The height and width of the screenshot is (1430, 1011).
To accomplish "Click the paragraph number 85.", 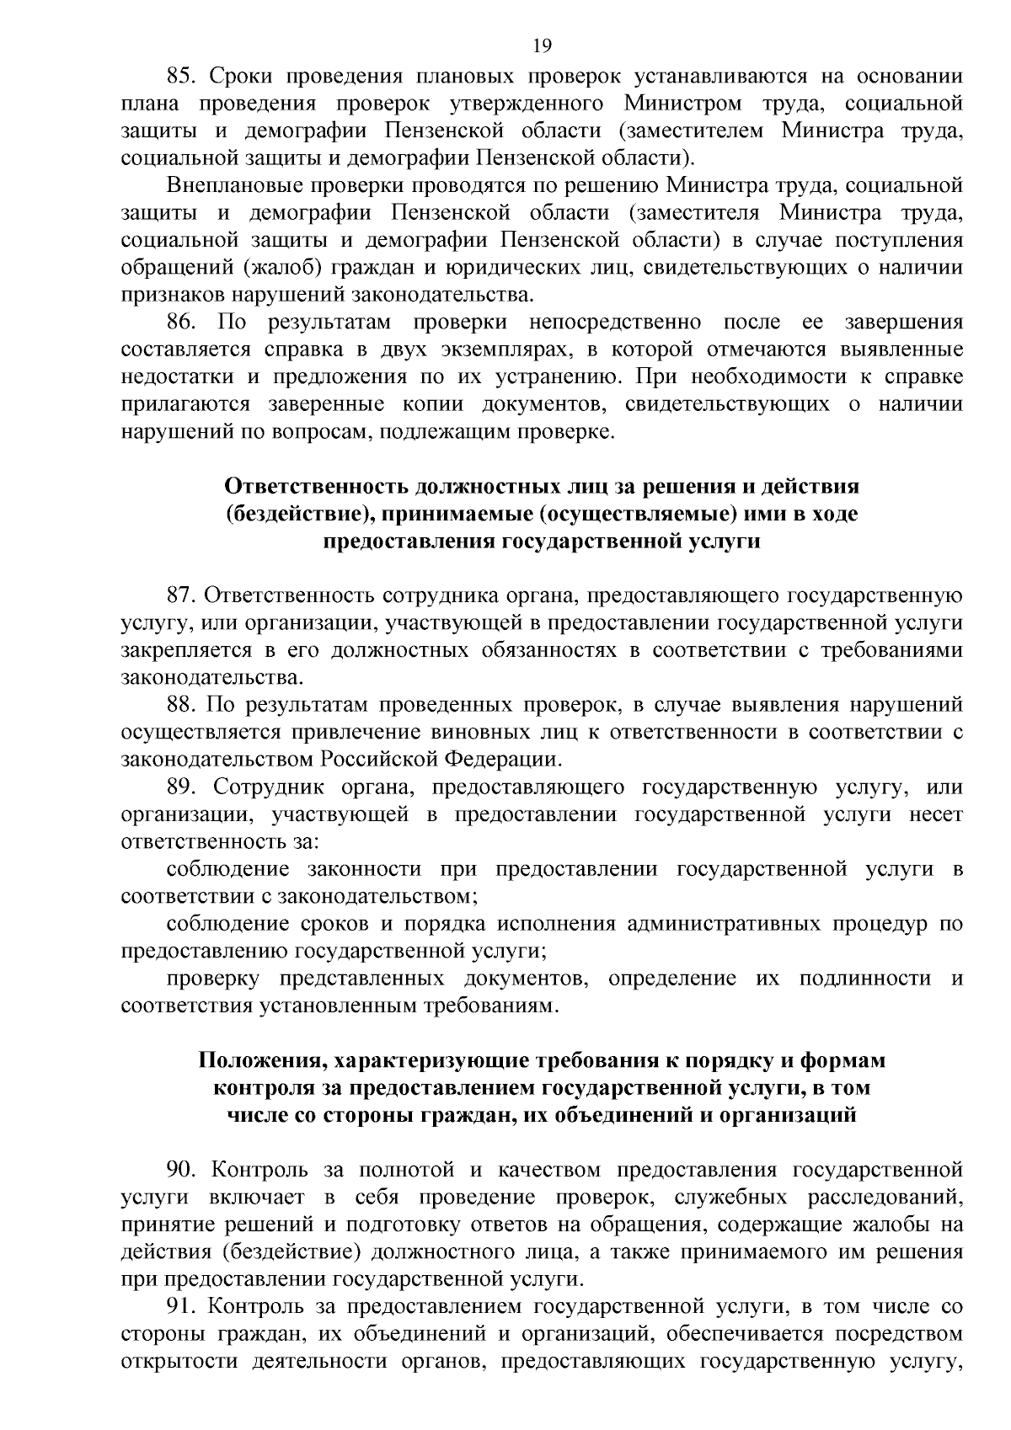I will point(181,77).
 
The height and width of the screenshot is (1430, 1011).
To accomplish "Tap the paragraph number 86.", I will point(181,323).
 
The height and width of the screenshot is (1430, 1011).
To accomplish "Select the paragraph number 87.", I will point(181,596).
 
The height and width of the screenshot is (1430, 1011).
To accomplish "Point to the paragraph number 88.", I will point(181,705).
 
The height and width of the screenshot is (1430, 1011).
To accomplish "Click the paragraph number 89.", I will point(181,787).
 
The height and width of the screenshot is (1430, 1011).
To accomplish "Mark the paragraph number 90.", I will point(181,1170).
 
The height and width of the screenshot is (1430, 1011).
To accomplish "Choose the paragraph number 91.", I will point(181,1307).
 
